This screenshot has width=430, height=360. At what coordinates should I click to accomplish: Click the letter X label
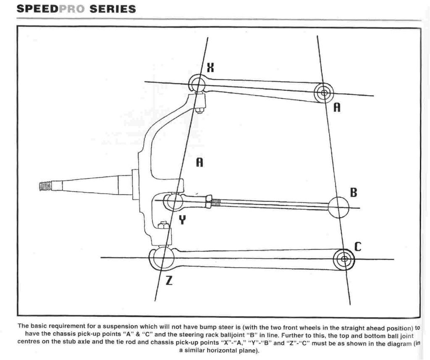pos(210,67)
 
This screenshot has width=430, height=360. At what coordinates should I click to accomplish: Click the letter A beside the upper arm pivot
pos(337,107)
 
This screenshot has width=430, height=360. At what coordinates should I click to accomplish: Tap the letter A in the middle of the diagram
pos(199,162)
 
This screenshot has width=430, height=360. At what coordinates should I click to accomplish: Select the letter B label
pos(354,192)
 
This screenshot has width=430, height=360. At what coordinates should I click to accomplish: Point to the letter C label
pos(358,247)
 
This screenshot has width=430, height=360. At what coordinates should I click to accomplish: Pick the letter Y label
pos(182,220)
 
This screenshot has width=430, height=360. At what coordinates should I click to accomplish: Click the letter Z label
pos(169,281)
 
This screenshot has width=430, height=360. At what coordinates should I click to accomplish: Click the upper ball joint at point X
pos(197,83)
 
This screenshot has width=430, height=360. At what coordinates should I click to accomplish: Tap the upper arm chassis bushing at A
pos(324,93)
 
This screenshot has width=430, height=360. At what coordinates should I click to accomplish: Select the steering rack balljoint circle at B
pos(338,207)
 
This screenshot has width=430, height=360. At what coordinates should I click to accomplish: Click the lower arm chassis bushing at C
pos(344,259)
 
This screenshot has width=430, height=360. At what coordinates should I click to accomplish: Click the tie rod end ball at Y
pos(173,201)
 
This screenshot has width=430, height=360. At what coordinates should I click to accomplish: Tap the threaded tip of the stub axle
pos(45,187)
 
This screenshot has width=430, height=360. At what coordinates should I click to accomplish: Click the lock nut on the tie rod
pos(209,201)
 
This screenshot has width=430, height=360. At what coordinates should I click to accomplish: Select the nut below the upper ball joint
pos(199,110)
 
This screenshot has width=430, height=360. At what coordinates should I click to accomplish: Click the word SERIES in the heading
pos(113,9)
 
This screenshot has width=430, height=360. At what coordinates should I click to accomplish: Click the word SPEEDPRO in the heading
pos(51,9)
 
